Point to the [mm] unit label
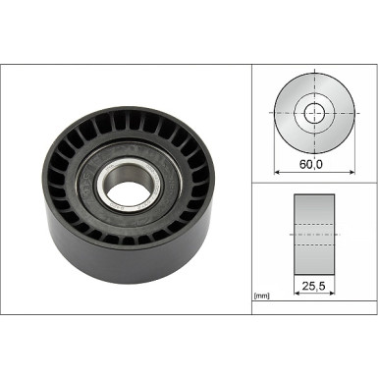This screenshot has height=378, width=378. (261, 295)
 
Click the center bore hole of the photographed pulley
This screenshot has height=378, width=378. (128, 180)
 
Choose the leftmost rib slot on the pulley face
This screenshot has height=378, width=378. (54, 177)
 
